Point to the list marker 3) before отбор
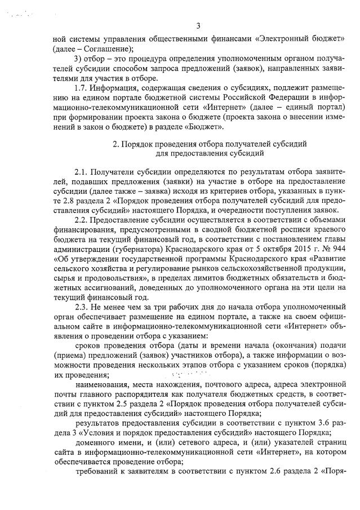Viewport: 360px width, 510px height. [x=79, y=59]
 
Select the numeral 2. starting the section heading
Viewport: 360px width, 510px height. [x=116, y=144]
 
